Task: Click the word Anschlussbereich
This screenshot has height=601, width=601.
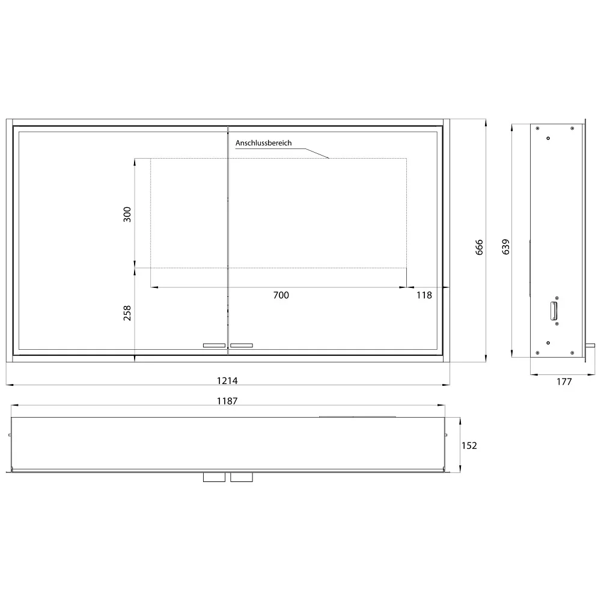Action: (x=263, y=143)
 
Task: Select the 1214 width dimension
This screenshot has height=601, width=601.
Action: (x=227, y=380)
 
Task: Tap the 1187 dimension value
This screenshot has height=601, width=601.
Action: (x=227, y=401)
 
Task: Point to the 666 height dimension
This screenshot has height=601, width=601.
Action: (x=479, y=247)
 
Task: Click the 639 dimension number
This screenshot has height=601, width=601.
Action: (x=505, y=247)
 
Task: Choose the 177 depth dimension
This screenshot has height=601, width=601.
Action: (x=564, y=382)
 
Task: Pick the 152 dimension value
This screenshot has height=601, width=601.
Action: (x=469, y=446)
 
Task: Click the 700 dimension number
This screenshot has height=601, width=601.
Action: (x=281, y=295)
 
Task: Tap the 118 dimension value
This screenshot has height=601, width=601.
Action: (x=424, y=295)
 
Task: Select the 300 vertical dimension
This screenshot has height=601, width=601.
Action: (x=127, y=215)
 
